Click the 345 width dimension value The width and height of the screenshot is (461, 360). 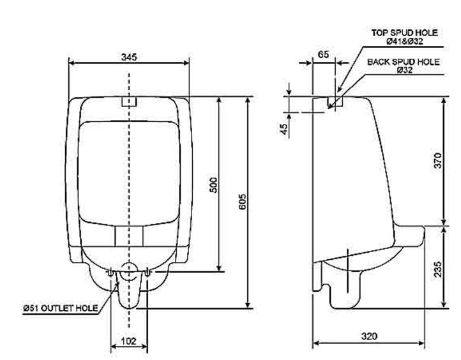130,57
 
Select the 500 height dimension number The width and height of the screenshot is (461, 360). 215,184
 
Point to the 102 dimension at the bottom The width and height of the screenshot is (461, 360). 129,341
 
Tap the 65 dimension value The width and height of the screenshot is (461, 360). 324,56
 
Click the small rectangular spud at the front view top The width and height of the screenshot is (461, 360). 130,101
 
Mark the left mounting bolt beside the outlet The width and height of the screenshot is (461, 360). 112,273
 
